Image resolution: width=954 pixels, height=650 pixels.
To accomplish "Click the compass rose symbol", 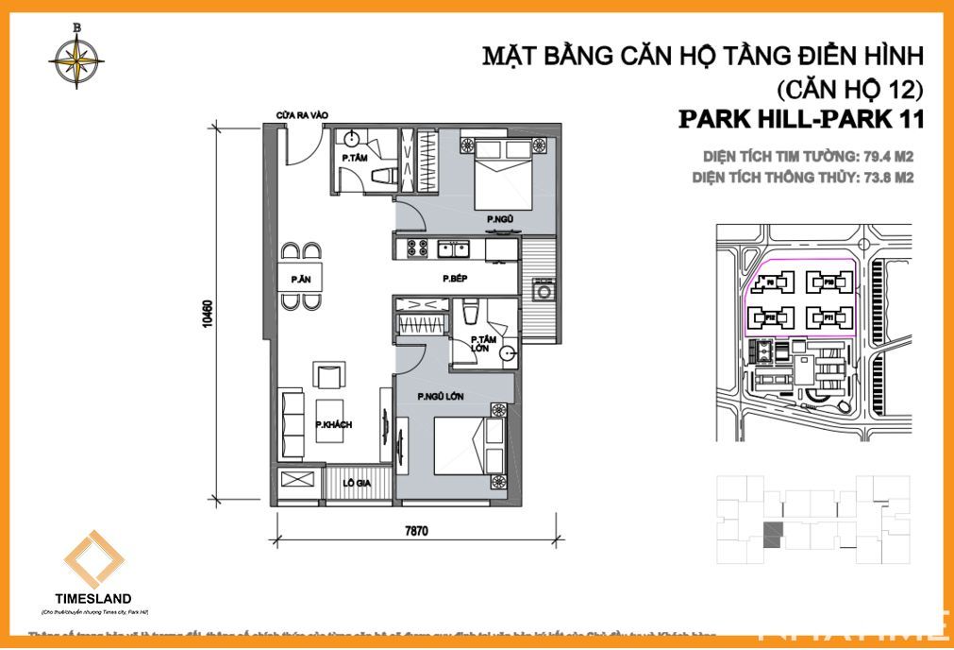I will (x=76, y=58).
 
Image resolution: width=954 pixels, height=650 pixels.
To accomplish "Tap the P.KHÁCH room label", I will (x=333, y=425).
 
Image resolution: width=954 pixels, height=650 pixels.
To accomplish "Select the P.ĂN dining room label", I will (x=301, y=279).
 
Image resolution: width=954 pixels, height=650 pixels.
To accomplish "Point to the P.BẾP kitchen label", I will (x=456, y=280).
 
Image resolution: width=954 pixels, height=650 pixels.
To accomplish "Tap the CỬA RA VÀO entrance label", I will (x=302, y=115).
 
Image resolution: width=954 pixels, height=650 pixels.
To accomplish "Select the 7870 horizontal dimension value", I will (x=416, y=531).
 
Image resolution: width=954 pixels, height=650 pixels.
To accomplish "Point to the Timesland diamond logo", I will (x=93, y=559).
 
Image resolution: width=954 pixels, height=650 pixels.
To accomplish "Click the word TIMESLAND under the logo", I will (x=94, y=598).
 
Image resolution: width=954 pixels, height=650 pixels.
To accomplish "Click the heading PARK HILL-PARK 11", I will (x=798, y=120).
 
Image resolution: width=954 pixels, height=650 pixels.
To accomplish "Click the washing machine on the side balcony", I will (x=544, y=290).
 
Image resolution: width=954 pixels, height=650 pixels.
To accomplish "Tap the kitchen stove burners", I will (x=416, y=249).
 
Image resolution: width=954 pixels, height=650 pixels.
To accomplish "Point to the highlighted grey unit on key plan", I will (x=772, y=532).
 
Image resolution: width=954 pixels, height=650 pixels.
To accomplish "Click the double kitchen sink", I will (x=454, y=249).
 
